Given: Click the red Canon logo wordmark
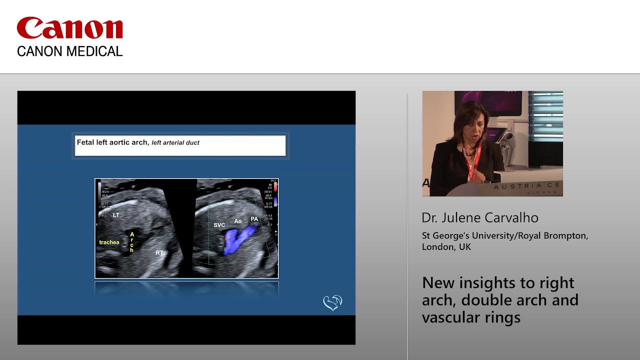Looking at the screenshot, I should click(x=69, y=28).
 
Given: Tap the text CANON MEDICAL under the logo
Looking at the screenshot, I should click(x=69, y=51).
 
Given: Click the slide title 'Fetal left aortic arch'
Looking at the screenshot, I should click(x=112, y=142).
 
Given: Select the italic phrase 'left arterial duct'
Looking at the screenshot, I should click(x=175, y=143).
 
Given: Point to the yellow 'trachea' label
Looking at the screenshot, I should click(x=109, y=242).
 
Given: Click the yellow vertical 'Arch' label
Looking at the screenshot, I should click(x=132, y=242).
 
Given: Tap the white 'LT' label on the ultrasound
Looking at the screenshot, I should click(x=116, y=215).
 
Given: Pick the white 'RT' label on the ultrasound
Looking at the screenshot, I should click(x=159, y=253).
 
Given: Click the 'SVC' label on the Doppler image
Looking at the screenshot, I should click(x=219, y=225).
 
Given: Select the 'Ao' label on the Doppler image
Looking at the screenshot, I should click(x=238, y=221).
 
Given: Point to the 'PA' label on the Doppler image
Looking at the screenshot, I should click(x=254, y=219).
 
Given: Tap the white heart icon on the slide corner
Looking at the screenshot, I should click(x=332, y=302).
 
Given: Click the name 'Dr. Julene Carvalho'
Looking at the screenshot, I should click(x=480, y=218).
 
